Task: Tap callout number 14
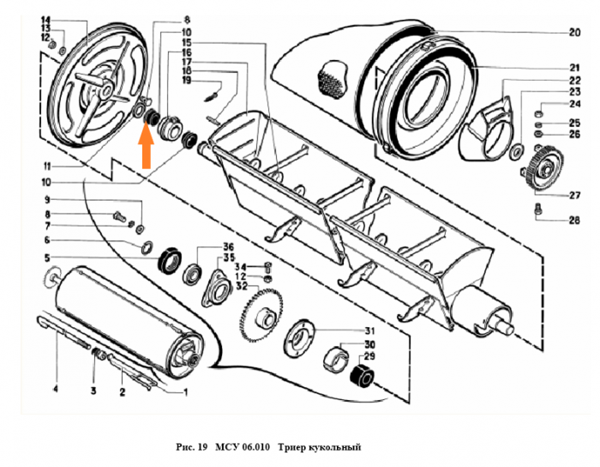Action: coord(45,19)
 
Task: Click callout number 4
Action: coord(56,391)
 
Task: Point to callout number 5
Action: coord(47,258)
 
